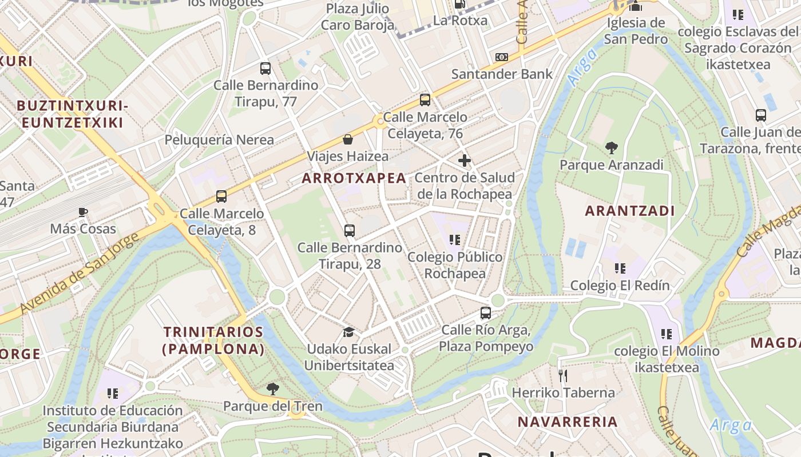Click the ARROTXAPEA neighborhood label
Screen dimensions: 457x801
tap(354, 178)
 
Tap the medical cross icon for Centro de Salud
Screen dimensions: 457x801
tap(465, 161)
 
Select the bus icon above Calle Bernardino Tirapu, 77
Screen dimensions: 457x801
tap(265, 69)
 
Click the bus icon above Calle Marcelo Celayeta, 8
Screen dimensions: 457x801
tap(221, 197)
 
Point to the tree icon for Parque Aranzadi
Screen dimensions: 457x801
tap(612, 148)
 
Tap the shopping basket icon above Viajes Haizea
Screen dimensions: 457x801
tap(347, 139)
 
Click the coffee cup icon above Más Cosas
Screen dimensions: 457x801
tap(83, 212)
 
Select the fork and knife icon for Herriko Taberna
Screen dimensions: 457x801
tap(563, 375)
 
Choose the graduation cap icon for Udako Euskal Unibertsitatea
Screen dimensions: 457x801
tap(348, 332)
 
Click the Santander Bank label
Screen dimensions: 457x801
tap(502, 74)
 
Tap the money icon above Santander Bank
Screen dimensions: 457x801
tap(502, 57)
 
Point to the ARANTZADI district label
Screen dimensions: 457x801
tap(629, 211)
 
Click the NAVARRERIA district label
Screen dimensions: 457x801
tap(567, 422)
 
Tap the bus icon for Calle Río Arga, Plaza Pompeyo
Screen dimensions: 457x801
tap(486, 313)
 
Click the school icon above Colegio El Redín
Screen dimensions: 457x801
tap(620, 268)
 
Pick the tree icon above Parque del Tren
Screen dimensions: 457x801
tap(273, 389)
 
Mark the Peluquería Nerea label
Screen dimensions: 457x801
tap(219, 140)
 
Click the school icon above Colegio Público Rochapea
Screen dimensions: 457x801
tap(455, 240)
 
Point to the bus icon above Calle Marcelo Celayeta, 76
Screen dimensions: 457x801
tap(425, 100)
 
